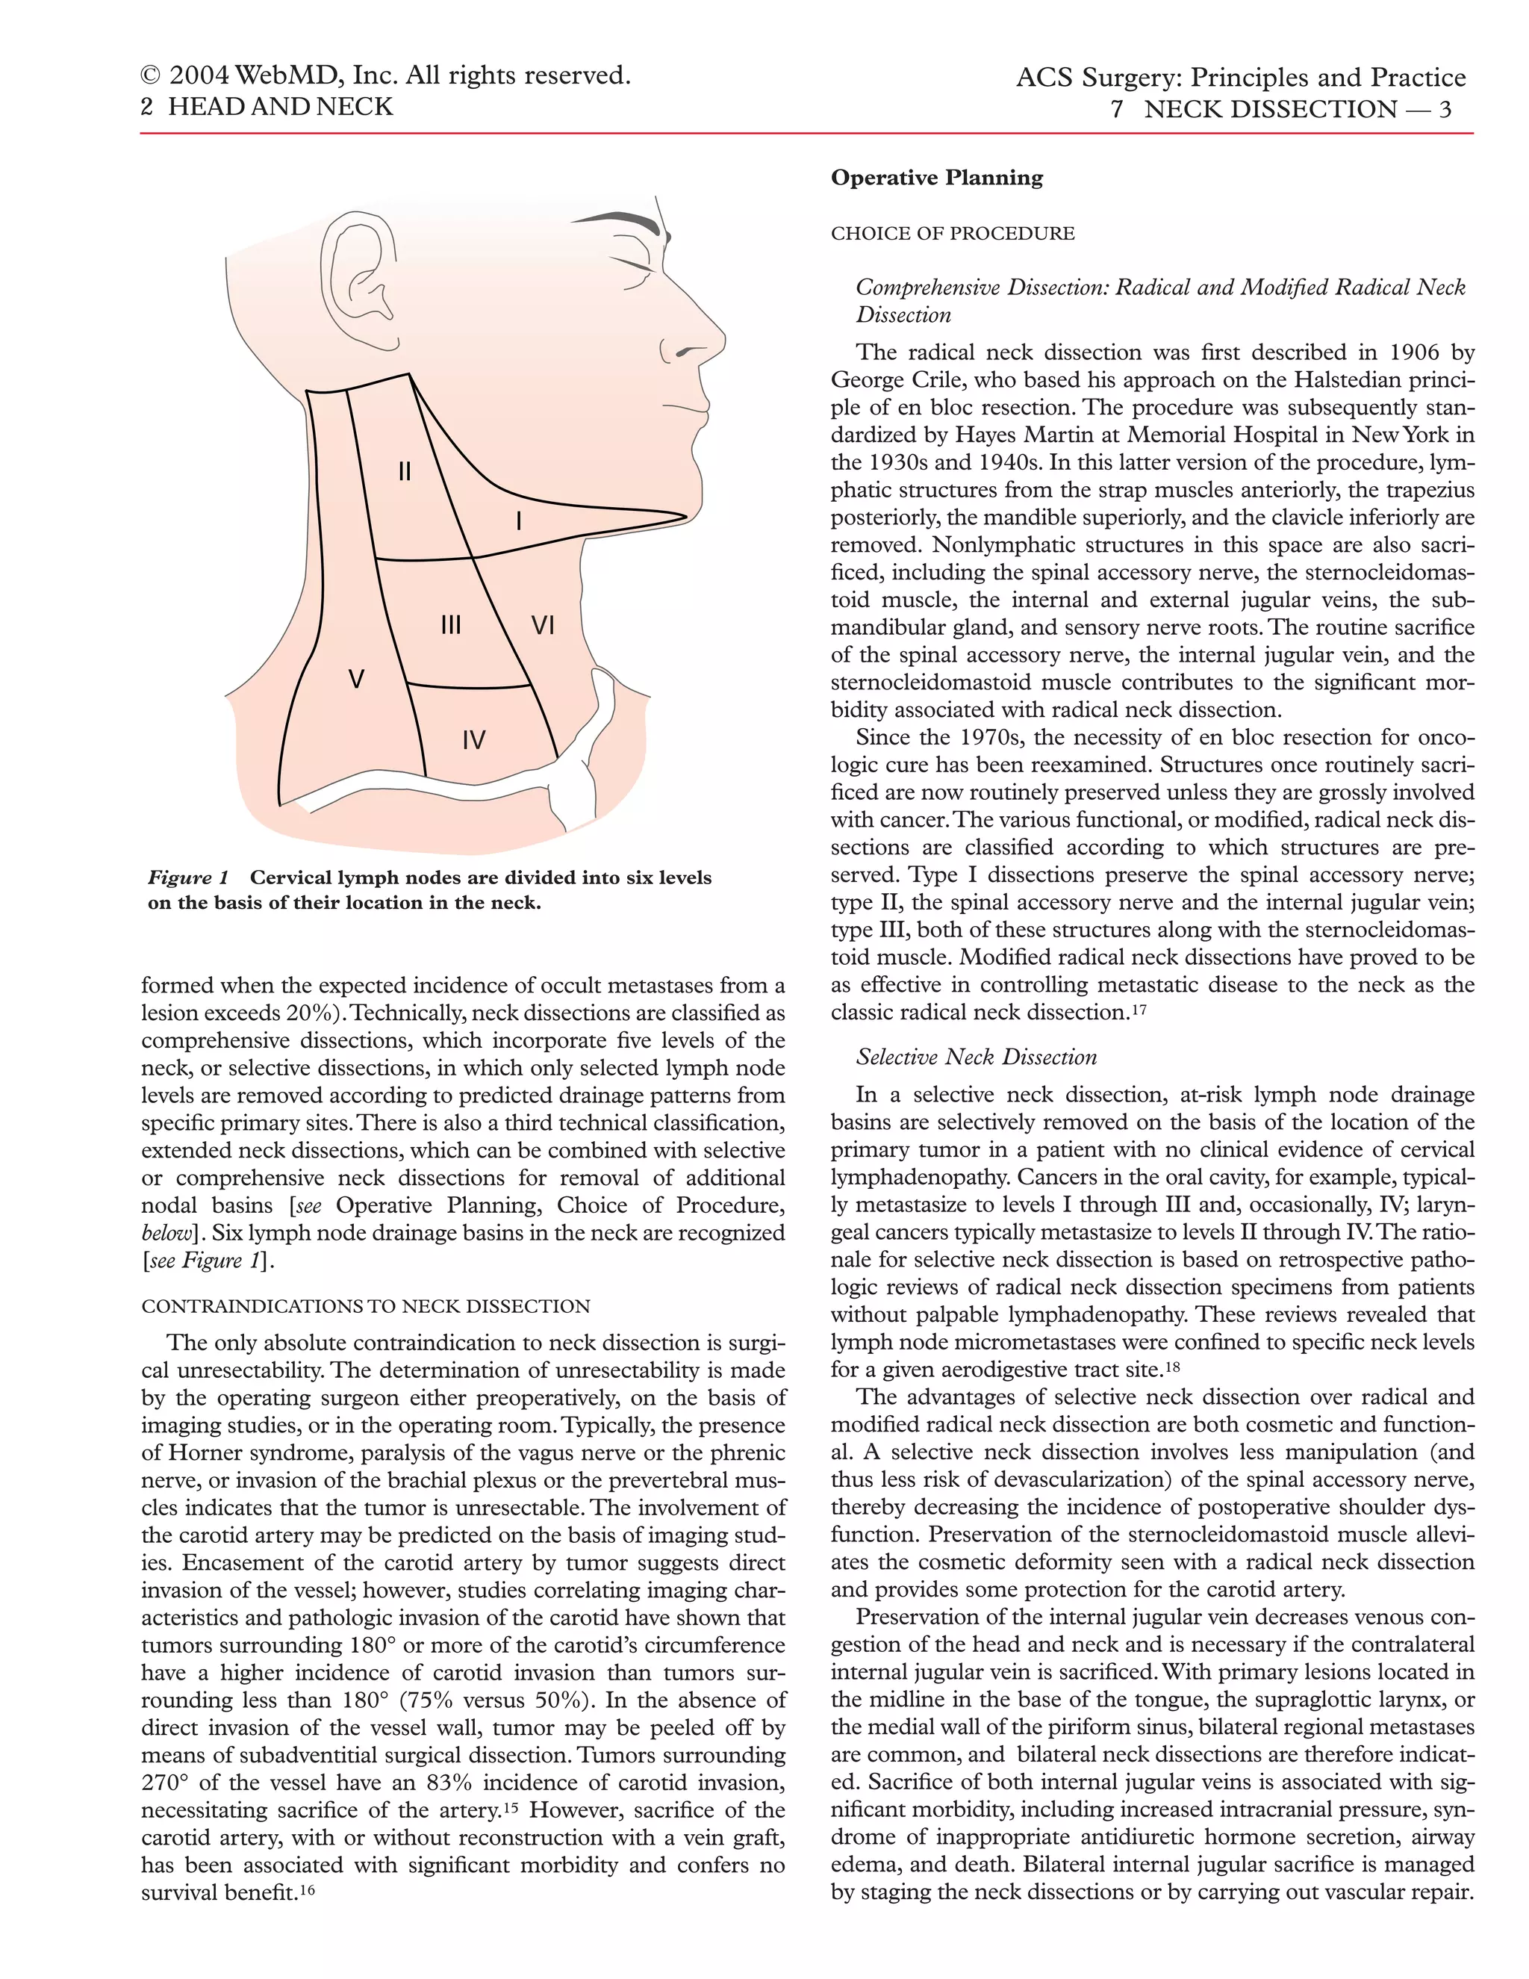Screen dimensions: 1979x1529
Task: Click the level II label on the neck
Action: coord(405,471)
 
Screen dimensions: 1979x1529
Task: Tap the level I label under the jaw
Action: coord(518,521)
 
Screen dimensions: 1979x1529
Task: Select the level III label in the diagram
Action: coord(451,624)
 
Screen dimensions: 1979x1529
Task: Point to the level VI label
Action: coord(542,624)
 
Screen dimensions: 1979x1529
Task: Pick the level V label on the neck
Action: coord(357,679)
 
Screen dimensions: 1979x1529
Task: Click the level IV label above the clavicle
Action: coord(474,740)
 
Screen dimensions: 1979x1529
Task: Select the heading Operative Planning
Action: coord(937,178)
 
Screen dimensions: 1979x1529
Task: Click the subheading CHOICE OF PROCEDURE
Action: coord(953,234)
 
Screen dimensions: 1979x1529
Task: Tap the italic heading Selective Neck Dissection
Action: coord(977,1057)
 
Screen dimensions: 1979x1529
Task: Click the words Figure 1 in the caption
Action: coord(188,878)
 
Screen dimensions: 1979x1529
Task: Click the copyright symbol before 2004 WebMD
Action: coord(152,77)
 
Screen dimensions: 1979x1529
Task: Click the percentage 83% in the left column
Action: coord(449,1783)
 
